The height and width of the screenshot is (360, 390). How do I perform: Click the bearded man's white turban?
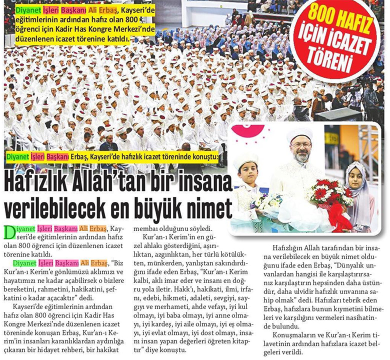300,134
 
